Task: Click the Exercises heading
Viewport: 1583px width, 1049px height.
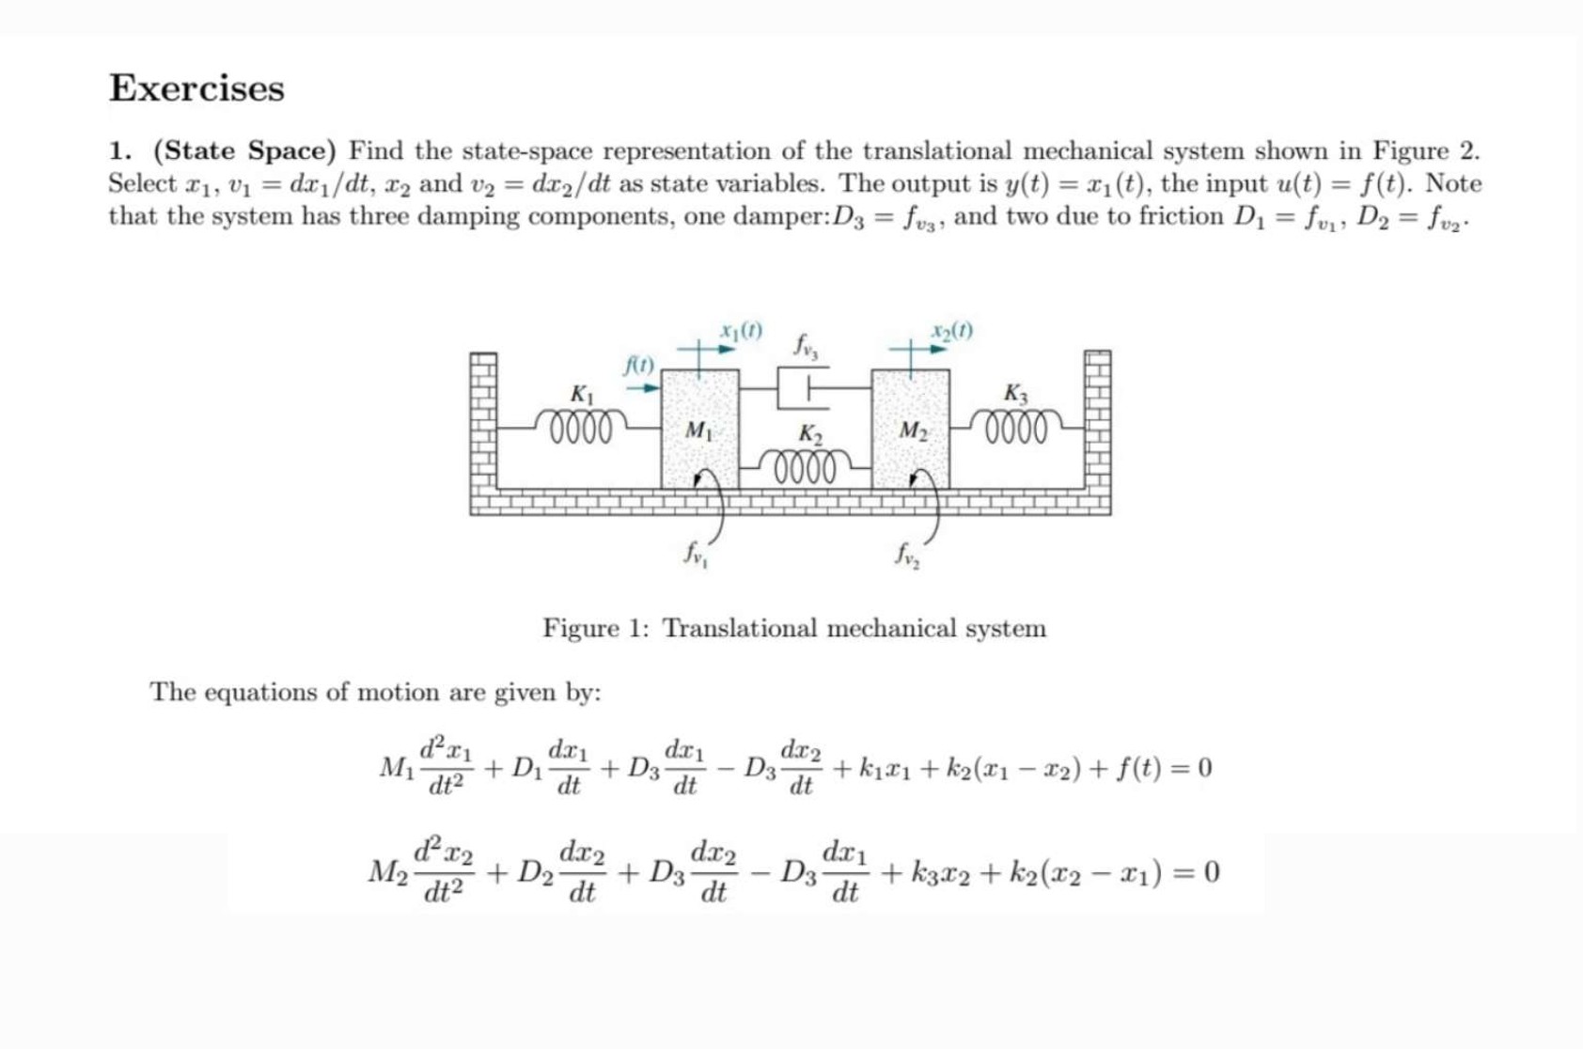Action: coord(196,88)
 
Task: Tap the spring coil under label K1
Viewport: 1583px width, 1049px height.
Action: coord(582,426)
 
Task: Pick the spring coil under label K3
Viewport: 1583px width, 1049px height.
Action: coord(1017,426)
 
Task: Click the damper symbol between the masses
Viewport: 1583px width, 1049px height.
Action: coord(803,387)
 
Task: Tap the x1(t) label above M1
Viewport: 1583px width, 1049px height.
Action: coord(741,331)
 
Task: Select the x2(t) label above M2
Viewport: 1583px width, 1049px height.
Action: coord(951,331)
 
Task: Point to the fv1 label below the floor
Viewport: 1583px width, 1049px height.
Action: coord(696,554)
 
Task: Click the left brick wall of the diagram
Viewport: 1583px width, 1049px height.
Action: coord(483,423)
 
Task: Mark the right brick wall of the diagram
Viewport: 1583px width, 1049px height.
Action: coord(1097,423)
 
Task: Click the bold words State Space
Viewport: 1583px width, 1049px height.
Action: coord(244,150)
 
